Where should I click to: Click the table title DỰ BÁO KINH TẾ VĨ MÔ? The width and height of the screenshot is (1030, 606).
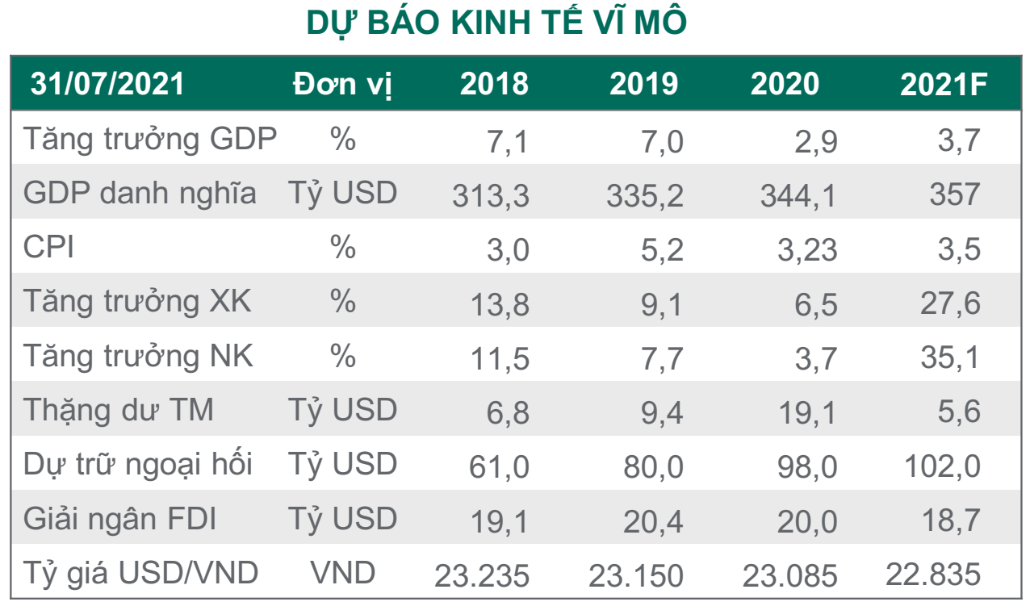tap(496, 24)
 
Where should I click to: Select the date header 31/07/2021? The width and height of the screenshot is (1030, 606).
tap(107, 84)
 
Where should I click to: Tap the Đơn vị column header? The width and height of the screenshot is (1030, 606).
tap(343, 85)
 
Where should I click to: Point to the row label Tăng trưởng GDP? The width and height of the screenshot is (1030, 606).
tap(150, 140)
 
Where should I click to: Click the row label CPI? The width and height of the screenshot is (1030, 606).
tap(48, 248)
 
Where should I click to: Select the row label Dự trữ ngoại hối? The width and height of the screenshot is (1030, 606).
tap(138, 465)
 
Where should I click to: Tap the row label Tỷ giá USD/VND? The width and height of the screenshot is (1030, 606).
tap(141, 573)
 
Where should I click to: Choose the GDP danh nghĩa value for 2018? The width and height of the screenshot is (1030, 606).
tap(490, 195)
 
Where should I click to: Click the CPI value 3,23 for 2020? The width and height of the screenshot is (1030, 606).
tap(807, 249)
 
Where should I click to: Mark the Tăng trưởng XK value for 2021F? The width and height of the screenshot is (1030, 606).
tap(950, 303)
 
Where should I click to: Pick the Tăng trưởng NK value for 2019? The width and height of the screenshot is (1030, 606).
tap(662, 357)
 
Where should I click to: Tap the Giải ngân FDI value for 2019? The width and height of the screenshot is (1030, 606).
tap(652, 520)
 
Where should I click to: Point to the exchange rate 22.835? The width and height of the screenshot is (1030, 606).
tap(932, 575)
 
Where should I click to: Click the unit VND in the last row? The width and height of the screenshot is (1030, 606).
tap(343, 573)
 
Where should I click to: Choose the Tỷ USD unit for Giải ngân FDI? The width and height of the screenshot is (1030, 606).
tap(343, 519)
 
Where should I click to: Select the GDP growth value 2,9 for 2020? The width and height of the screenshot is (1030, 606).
tap(818, 141)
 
